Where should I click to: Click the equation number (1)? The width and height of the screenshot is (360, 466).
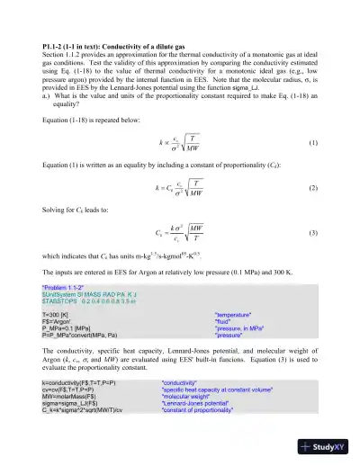click(x=312, y=144)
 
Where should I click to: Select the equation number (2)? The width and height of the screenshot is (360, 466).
click(x=312, y=187)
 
